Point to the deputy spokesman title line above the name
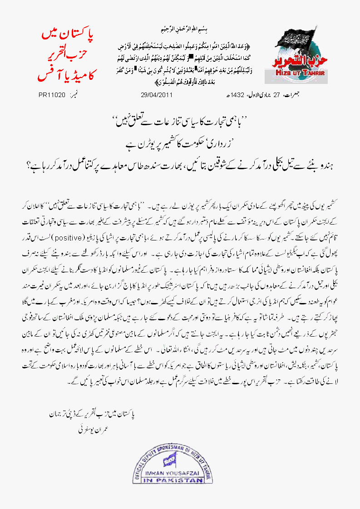[93, 415]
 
